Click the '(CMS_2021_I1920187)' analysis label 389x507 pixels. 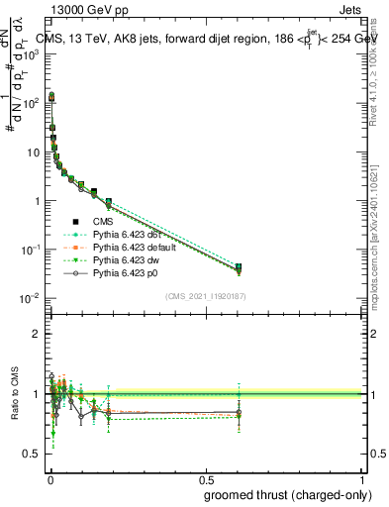(206, 295)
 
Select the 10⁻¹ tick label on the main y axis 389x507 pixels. (31, 250)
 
